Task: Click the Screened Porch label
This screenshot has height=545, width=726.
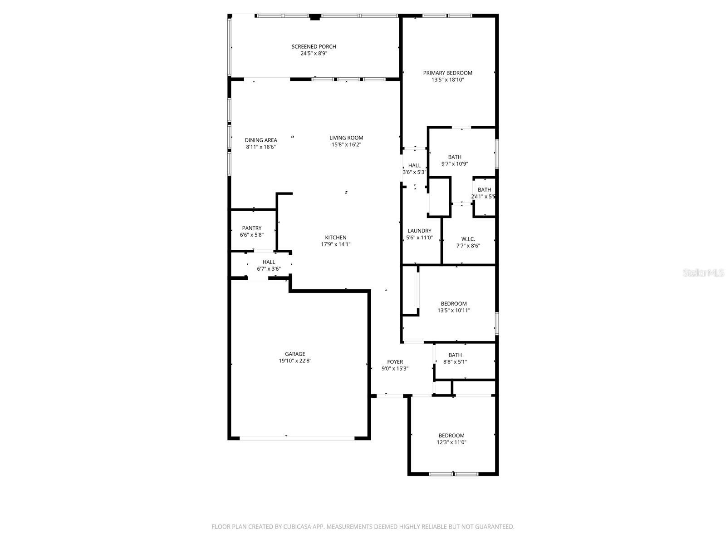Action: point(314,46)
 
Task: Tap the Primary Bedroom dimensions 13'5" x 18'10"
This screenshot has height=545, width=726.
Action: point(447,80)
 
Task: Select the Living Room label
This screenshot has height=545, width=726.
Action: point(346,138)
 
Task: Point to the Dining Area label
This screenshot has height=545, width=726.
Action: point(261,140)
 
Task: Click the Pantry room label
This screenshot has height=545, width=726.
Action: point(251,228)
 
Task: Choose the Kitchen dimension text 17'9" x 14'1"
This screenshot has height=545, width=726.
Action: point(336,244)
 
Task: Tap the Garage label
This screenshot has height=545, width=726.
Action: point(295,354)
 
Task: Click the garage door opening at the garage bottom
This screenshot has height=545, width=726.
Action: point(297,438)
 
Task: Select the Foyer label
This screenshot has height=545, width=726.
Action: point(395,362)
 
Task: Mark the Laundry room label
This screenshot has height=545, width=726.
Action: point(419,231)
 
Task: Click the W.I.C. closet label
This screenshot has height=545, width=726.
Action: point(468,239)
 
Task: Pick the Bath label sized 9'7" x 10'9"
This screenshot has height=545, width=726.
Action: point(455,157)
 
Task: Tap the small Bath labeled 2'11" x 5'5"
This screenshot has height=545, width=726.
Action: point(484,190)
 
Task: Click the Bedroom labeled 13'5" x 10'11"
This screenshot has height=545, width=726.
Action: point(454,303)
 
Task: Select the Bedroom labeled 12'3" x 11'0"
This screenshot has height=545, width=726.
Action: point(451,435)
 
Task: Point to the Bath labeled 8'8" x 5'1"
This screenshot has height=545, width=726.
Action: point(455,355)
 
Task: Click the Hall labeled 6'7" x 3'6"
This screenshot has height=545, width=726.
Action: point(269,262)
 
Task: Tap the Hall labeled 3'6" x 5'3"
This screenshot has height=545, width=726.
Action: point(414,166)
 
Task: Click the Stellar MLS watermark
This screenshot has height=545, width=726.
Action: point(703,272)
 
